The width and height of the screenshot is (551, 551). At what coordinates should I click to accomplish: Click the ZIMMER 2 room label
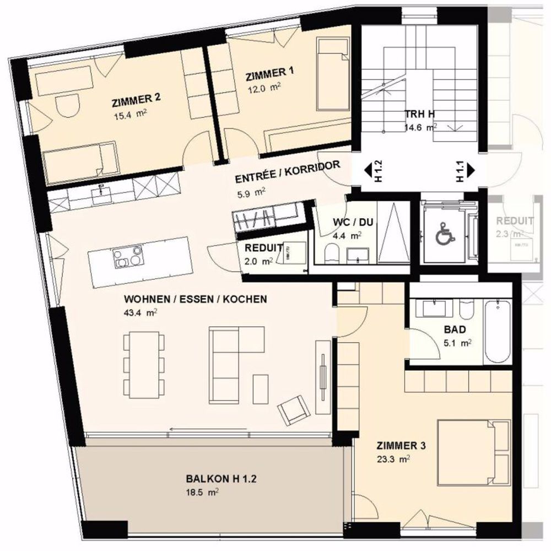point(136,100)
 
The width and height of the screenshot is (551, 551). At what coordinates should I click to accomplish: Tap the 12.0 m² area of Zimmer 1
point(263,88)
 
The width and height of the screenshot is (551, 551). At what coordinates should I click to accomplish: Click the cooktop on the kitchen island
point(127,257)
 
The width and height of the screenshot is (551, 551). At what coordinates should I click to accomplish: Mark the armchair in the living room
point(292,410)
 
